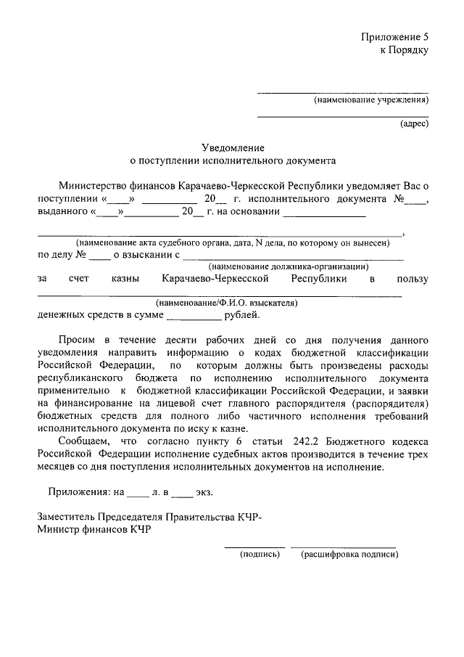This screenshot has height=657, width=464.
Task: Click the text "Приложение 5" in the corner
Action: [396, 36]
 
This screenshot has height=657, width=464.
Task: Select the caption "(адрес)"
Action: [415, 123]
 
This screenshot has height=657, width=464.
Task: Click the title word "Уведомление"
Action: [232, 147]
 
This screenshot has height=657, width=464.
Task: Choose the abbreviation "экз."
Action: [204, 491]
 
